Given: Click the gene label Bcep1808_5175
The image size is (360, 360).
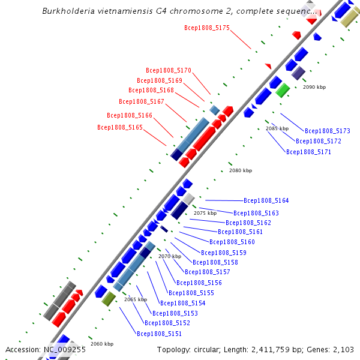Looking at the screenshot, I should coord(207,28).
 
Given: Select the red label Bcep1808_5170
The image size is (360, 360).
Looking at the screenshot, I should coord(169,70).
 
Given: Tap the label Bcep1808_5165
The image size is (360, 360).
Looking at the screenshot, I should coord(120,127).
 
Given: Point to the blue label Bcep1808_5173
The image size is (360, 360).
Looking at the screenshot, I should coord(328,131).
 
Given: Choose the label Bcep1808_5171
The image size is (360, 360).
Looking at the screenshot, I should coord(308,152).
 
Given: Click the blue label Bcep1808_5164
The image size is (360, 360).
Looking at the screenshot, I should coord(266,201).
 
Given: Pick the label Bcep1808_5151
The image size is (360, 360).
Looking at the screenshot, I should coord(159,334).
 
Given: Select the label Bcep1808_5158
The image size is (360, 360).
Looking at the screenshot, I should coord(215,262).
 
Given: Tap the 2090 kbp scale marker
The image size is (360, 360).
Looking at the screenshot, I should coord(314,87).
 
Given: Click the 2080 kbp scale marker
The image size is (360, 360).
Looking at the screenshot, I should coord(241,170).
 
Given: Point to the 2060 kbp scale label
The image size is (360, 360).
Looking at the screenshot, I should coord(102,344).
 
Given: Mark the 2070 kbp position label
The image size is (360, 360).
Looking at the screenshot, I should coord(170,256).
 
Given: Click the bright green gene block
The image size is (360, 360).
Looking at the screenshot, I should coord(283,91).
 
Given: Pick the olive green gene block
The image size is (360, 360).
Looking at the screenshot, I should coord(109,298).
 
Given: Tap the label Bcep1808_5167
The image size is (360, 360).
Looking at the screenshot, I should coord(142,101).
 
